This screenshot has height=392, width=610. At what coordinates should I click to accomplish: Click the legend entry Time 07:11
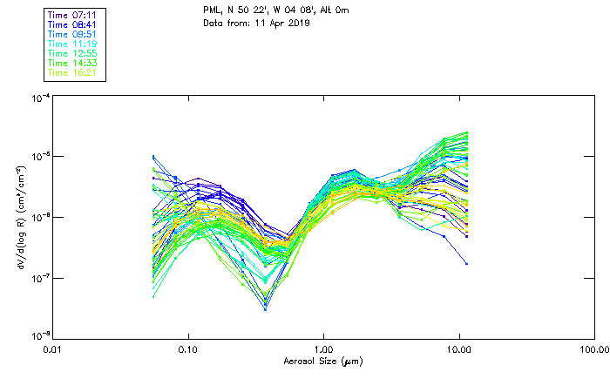73,15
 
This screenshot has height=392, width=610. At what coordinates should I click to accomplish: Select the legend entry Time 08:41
73,24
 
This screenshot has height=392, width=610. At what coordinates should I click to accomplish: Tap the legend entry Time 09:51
73,34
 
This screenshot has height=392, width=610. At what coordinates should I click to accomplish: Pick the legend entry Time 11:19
73,44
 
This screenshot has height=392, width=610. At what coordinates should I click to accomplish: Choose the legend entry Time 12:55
73,53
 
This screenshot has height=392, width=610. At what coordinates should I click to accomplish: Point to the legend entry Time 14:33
73,63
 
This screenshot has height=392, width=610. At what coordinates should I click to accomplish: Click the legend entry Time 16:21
73,72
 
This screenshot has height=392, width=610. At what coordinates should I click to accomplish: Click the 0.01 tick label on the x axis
53,350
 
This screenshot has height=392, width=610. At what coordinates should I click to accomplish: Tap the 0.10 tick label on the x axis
188,350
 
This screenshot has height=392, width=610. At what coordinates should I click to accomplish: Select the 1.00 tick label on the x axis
324,350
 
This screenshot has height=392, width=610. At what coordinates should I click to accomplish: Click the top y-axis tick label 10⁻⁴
38,98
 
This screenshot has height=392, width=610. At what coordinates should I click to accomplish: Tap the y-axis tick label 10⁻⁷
38,277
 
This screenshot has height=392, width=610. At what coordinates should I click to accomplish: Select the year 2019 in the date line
297,23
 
